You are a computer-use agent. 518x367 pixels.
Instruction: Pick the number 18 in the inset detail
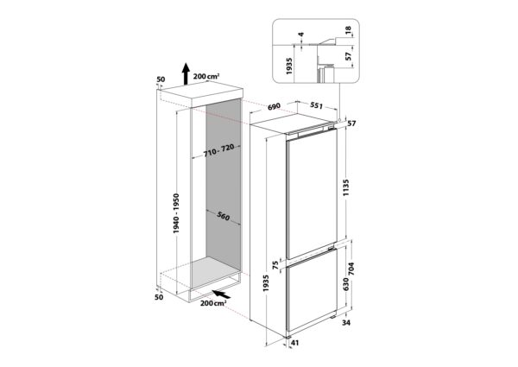coord(348,32)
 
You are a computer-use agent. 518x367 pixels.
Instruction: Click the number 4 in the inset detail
coord(301,36)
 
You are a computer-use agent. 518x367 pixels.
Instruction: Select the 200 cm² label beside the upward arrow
coord(205,76)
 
